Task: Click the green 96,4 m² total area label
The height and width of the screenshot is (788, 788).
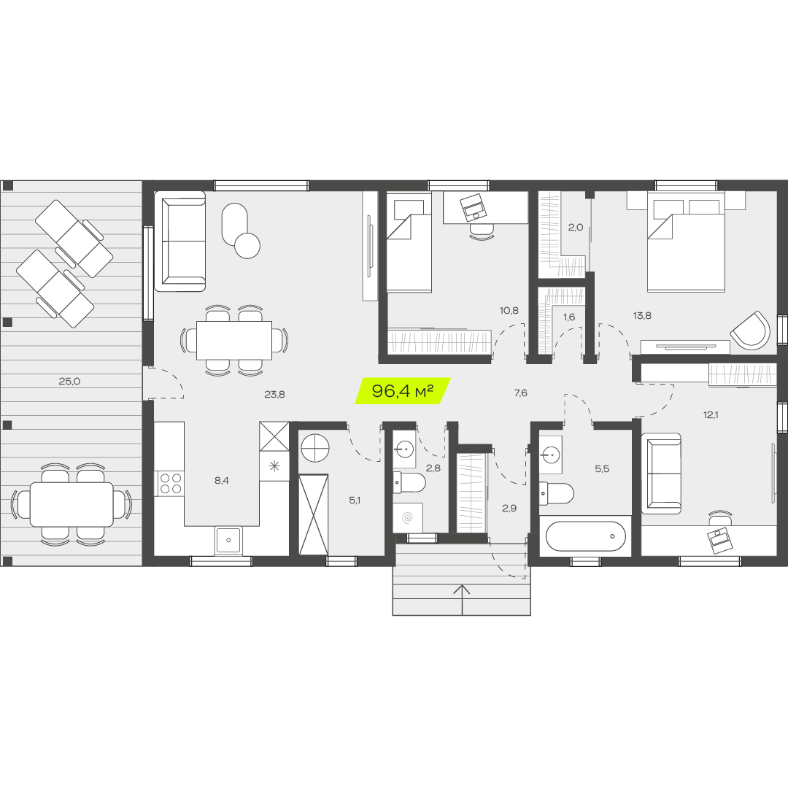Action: [403, 390]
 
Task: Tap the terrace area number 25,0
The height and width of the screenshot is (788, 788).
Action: [69, 381]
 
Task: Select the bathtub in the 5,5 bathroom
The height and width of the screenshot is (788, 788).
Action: [585, 536]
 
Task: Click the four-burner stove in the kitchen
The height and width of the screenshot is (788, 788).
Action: [170, 483]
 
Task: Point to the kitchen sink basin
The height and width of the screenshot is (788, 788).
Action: [228, 540]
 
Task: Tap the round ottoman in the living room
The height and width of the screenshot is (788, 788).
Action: [247, 246]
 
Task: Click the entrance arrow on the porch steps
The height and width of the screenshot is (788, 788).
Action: [462, 600]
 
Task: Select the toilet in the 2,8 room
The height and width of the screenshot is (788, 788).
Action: [409, 482]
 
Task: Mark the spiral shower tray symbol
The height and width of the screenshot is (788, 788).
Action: [408, 517]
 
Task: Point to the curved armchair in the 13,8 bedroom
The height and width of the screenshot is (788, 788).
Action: [750, 331]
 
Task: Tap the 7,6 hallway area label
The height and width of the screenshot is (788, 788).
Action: [521, 393]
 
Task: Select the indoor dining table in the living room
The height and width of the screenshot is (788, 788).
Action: [234, 340]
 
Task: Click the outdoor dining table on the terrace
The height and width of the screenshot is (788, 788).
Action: [72, 504]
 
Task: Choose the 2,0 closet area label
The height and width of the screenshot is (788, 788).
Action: [576, 227]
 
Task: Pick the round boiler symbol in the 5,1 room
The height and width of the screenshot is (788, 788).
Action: [315, 449]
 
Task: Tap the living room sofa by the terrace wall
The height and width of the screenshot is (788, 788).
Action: [180, 242]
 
